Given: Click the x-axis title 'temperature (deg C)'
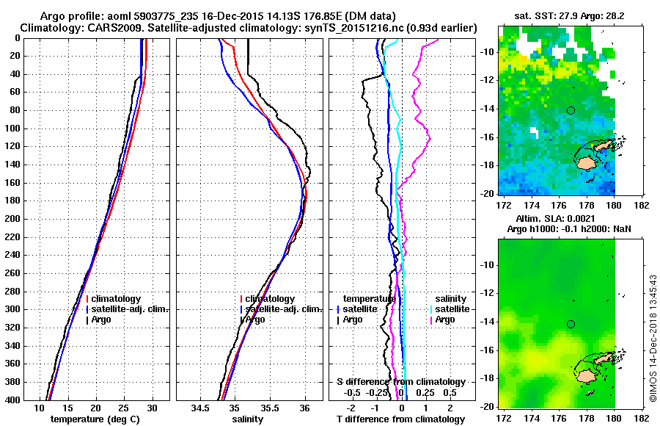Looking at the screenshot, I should (95, 419).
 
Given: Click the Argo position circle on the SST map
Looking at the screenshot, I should (571, 111).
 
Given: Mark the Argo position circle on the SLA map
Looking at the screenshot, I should (571, 324).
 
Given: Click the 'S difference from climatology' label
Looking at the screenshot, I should (400, 382).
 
